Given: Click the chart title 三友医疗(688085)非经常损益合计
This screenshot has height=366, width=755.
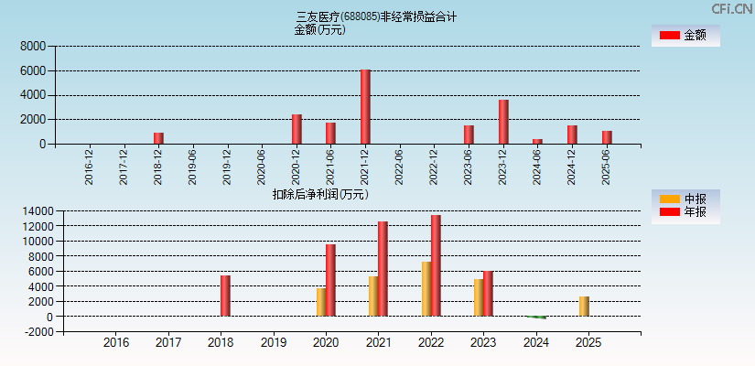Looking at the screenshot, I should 376,16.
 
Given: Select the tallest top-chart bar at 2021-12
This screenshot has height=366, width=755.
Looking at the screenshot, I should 365,107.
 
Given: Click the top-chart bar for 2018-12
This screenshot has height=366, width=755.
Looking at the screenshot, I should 158,138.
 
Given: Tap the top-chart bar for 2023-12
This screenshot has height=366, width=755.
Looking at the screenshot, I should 503,122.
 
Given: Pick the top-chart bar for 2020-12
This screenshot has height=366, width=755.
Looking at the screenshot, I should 297,129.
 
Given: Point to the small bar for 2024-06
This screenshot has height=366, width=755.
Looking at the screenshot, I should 537,141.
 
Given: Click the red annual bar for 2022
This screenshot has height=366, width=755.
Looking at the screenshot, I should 436,265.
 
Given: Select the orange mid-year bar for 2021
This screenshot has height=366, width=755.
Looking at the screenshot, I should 373,296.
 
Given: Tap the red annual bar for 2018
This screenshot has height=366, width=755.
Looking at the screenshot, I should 225,296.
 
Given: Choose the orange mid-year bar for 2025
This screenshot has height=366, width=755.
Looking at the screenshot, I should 584,307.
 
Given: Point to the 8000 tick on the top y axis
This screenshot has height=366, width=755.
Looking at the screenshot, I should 32,46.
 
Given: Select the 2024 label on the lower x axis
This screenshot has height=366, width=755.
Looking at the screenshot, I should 535,343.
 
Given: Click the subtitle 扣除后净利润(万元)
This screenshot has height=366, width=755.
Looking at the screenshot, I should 319,194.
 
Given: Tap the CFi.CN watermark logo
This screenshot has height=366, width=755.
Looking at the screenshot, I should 732,8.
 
